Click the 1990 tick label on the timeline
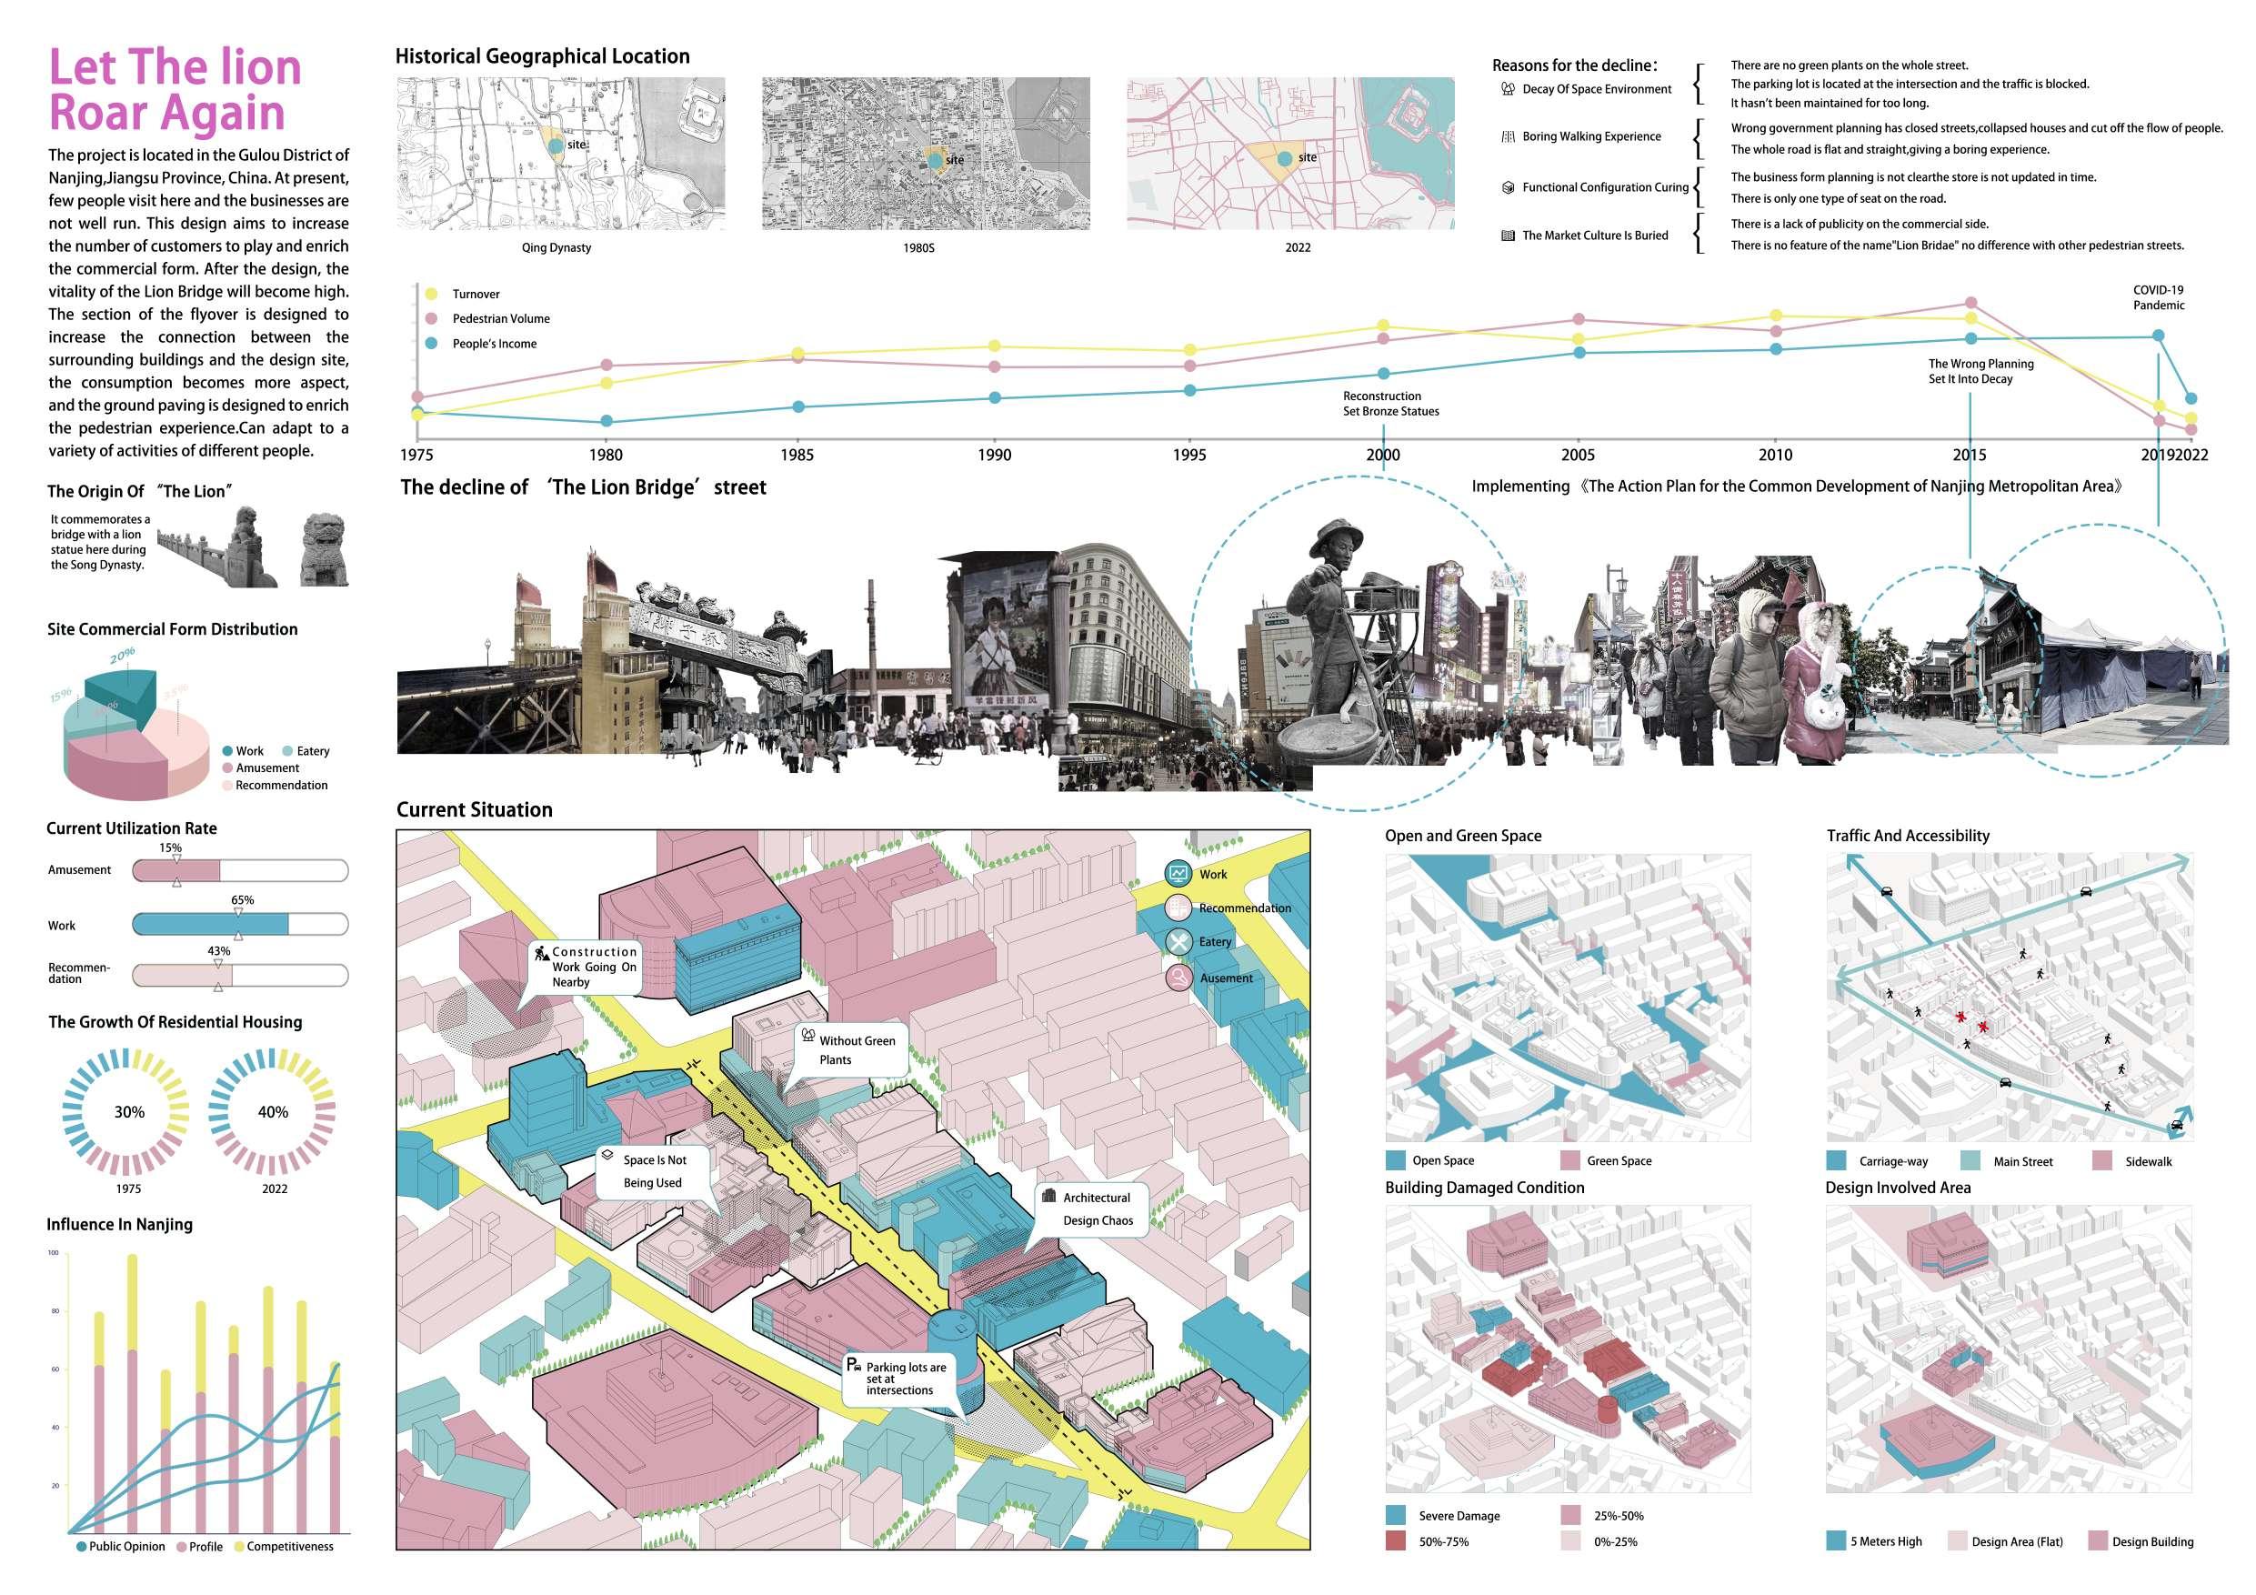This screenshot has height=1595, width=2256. [x=995, y=455]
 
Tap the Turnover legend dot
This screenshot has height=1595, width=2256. [x=430, y=294]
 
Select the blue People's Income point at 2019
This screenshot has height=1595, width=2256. [x=2159, y=336]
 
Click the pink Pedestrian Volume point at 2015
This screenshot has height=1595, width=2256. [x=1970, y=304]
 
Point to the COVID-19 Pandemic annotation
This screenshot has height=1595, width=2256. [x=2158, y=297]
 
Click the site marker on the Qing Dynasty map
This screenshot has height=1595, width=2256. [x=556, y=145]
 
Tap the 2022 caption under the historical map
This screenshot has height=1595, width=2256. [x=1297, y=247]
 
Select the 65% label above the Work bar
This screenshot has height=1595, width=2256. [x=242, y=900]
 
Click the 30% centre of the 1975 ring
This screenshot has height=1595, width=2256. [x=129, y=1112]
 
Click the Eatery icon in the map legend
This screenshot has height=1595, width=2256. [x=1179, y=941]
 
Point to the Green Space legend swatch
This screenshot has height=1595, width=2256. [x=1569, y=1160]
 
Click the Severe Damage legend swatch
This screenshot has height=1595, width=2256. [x=1395, y=1515]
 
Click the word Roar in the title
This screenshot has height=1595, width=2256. [x=105, y=112]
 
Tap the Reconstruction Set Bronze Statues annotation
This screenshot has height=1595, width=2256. [x=1390, y=404]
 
